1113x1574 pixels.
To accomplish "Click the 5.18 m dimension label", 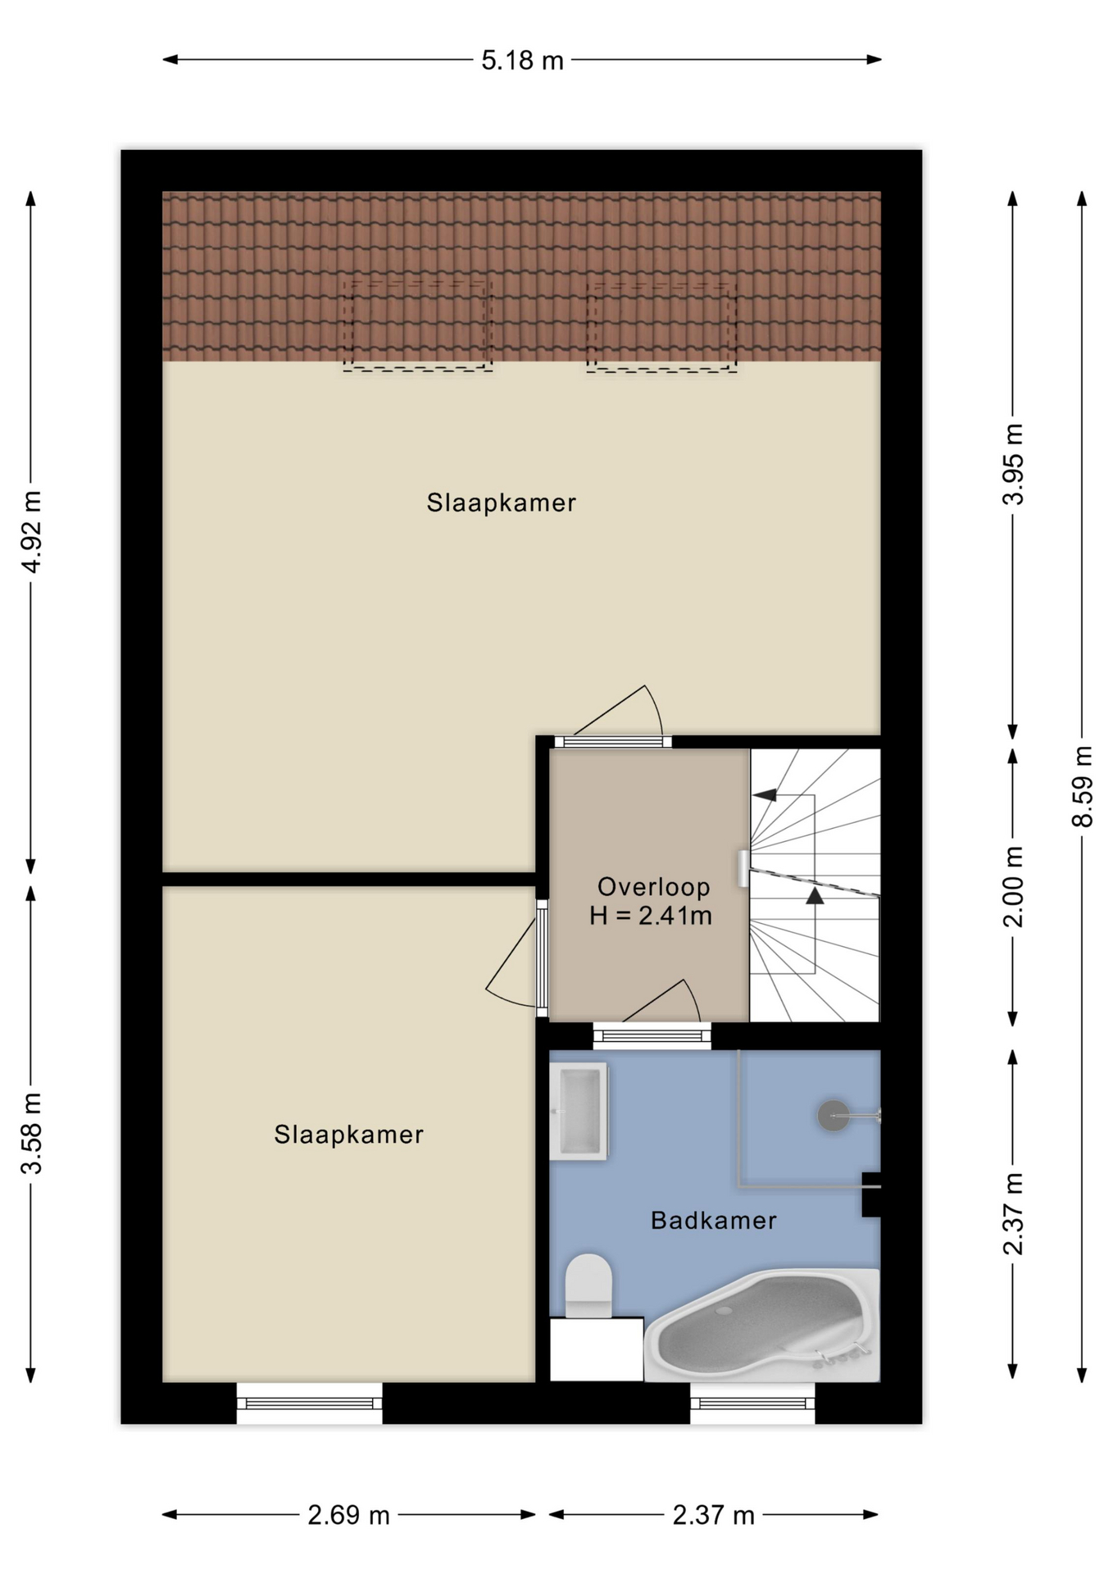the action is [522, 61].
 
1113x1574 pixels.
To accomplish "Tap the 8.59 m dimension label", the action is [1082, 786].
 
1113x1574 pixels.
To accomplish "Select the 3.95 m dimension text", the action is [1013, 464].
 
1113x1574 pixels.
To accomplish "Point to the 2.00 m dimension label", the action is [1013, 886].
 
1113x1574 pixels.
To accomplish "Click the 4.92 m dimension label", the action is [31, 532].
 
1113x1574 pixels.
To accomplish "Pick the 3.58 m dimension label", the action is [31, 1133].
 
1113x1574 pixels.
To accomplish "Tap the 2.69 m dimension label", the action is [348, 1515].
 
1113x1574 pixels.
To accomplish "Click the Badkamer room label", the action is [713, 1221].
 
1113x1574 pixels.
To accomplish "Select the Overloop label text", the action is [653, 886].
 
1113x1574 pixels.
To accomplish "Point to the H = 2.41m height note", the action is [651, 916].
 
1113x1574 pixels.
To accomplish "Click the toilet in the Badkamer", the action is [588, 1285].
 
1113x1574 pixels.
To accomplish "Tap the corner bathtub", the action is [762, 1325].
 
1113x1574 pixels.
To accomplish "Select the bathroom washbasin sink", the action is [579, 1111].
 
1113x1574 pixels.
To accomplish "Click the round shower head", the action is [834, 1116].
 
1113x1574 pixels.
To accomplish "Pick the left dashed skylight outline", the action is [418, 325].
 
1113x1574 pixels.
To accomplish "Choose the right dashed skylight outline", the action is [661, 326].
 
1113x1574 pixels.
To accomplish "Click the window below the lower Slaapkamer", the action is [310, 1403].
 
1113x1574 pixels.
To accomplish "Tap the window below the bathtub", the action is [752, 1403].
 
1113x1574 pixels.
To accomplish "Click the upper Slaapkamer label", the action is [501, 503].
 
